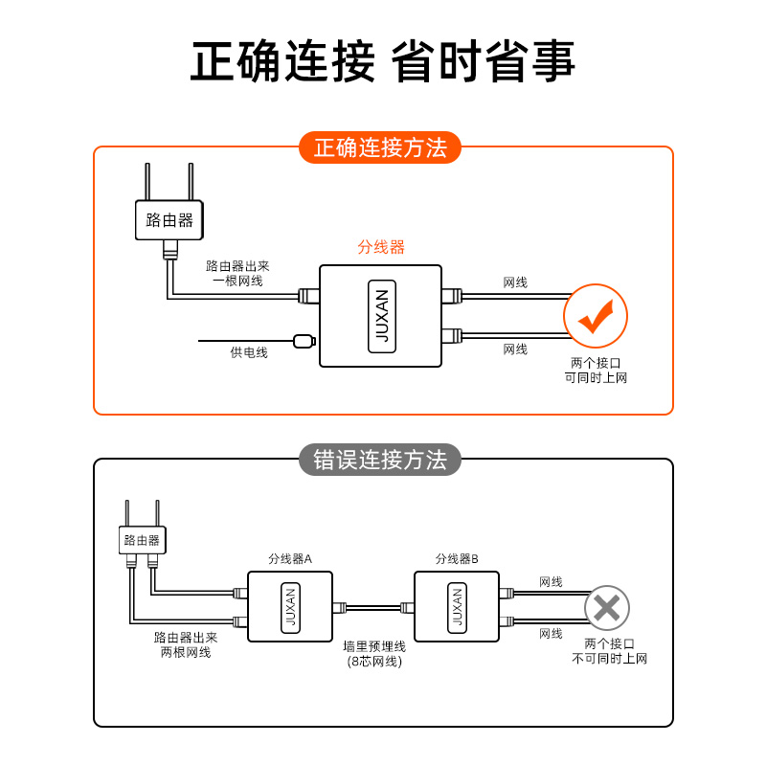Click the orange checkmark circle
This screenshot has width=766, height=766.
click(596, 316)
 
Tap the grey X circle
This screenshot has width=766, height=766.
click(607, 607)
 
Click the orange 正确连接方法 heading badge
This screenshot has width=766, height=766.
click(380, 147)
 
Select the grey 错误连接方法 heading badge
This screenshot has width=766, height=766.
click(380, 460)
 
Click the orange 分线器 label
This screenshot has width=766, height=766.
click(381, 247)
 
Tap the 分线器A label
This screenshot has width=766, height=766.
click(290, 558)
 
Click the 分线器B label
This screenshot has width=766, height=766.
click(457, 558)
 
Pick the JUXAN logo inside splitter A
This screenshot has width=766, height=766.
click(291, 607)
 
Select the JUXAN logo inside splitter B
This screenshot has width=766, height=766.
click(457, 607)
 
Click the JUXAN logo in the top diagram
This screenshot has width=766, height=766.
click(380, 316)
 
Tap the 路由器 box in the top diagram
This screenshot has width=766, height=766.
click(169, 220)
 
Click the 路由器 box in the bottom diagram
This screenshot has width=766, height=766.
click(143, 540)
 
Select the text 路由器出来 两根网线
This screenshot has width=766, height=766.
click(186, 644)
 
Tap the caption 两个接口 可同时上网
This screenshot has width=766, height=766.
click(596, 371)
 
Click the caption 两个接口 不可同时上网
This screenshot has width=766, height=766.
click(609, 651)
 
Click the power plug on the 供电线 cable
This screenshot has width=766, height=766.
click(304, 340)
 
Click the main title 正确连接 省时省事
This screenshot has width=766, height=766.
click(382, 62)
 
